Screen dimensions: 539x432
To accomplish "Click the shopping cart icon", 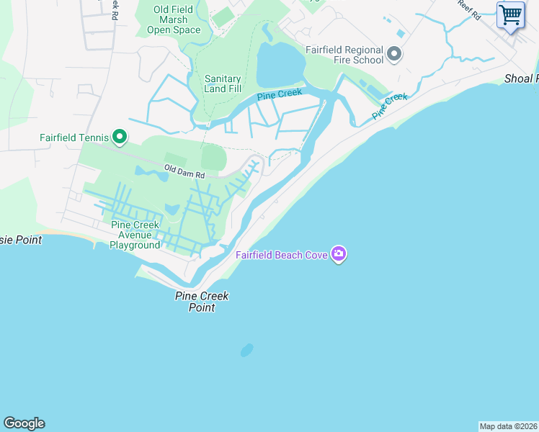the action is [511, 14].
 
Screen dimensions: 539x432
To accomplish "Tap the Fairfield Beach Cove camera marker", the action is [339, 253].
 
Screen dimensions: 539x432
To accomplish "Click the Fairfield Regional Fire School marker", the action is [393, 54].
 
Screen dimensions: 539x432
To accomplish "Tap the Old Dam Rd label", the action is [184, 171].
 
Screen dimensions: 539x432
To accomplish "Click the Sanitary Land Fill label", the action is [223, 84].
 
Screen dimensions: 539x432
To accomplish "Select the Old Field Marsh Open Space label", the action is [173, 19].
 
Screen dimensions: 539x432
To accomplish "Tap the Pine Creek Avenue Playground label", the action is [135, 235].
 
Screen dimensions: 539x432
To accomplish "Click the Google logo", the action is [24, 423].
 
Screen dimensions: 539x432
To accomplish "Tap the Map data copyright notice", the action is [508, 426].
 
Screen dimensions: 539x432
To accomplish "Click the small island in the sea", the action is [246, 350].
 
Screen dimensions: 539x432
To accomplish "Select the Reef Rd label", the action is [469, 9].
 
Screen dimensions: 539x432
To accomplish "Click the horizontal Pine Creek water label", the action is [279, 94].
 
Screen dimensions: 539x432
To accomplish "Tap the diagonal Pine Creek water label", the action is [389, 106].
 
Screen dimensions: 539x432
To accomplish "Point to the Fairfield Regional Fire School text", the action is [344, 55].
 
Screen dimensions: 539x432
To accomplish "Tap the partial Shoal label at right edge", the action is [521, 78].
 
